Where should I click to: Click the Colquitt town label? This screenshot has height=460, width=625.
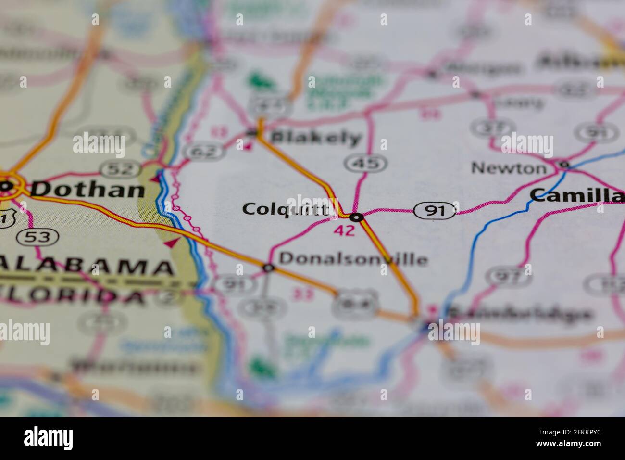[287, 209]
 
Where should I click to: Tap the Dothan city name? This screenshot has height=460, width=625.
[87, 189]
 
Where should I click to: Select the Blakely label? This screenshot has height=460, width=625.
[315, 138]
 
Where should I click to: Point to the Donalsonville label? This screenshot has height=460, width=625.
[353, 259]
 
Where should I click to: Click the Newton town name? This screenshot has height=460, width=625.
[509, 168]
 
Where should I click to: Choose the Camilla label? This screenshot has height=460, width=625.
[576, 195]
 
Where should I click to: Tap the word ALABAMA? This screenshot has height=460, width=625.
[87, 268]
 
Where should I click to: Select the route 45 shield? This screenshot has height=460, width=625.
[365, 164]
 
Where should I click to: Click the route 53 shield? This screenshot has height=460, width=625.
[37, 236]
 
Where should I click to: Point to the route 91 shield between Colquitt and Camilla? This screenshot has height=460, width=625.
[435, 211]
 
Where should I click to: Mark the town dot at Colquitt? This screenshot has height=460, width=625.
[356, 217]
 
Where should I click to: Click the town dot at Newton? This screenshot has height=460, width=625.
[564, 165]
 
